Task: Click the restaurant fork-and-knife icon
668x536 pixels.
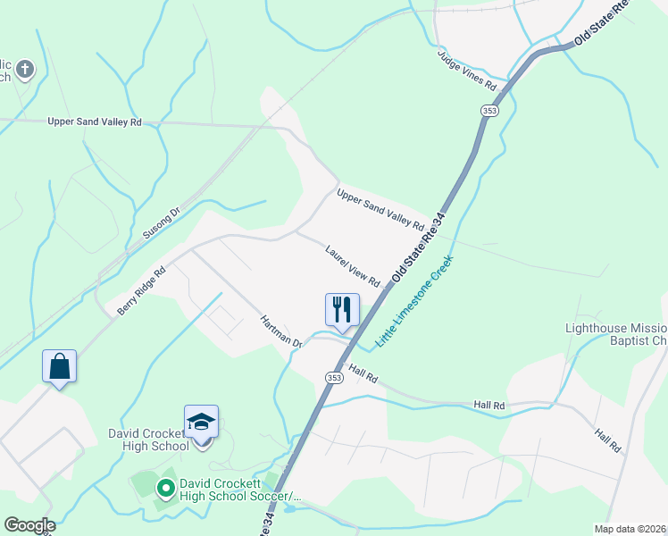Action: [342, 310]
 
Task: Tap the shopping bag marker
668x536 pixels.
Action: [59, 366]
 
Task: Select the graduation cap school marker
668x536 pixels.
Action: [202, 422]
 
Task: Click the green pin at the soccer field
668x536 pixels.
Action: [165, 489]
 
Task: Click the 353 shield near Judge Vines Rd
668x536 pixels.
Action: [488, 110]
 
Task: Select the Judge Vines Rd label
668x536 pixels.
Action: [466, 71]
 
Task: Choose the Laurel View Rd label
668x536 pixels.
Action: [353, 265]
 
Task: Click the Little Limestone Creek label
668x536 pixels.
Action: [414, 301]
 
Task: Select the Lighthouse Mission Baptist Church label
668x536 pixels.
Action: [616, 334]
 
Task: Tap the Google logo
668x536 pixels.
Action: [29, 525]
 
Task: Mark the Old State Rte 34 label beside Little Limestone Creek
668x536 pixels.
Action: [417, 251]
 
